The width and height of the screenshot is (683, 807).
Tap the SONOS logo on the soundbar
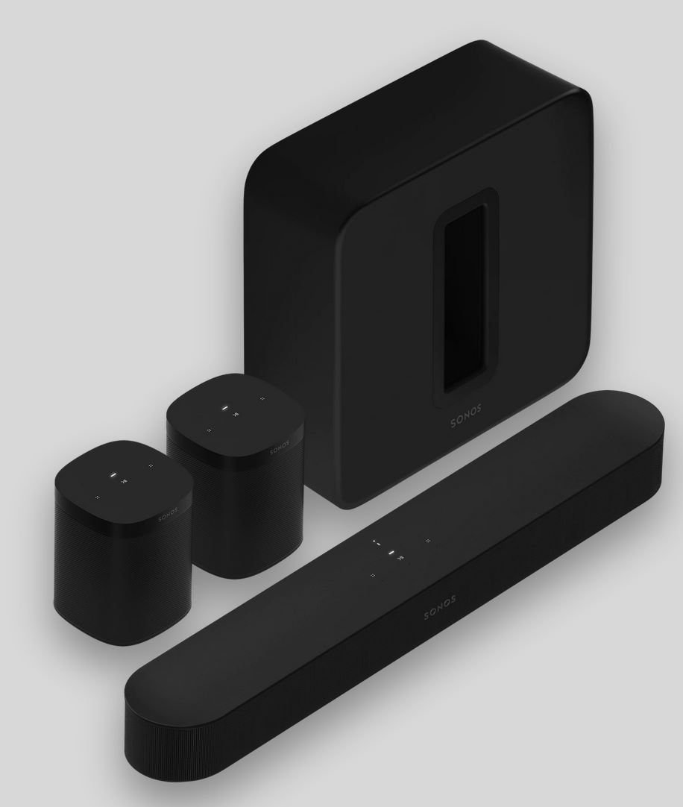coord(440,608)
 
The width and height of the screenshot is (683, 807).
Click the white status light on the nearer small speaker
coord(112,474)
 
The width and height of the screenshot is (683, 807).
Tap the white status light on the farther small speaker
coord(224,408)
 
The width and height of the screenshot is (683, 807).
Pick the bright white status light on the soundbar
coord(389,552)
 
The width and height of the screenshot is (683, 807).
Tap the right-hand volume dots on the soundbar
coord(427,541)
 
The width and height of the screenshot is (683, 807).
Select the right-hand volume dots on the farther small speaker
coord(262,399)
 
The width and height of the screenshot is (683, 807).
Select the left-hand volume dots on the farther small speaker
coord(210,430)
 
